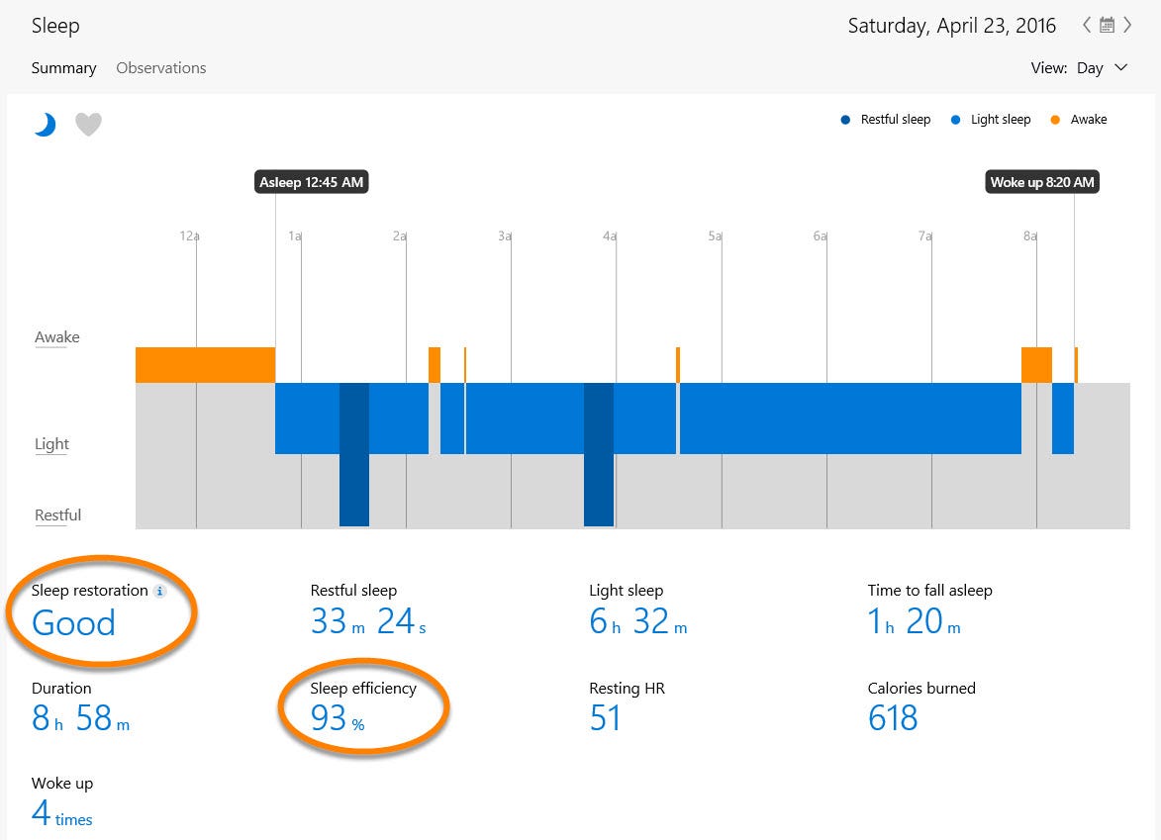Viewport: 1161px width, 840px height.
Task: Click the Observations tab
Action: click(160, 68)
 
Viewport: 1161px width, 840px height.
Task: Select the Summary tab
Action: click(63, 68)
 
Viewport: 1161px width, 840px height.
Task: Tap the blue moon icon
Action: click(45, 124)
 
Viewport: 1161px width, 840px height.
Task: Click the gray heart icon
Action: click(88, 124)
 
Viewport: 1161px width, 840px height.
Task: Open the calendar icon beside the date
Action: click(1107, 26)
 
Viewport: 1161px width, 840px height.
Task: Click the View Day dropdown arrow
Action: click(1120, 68)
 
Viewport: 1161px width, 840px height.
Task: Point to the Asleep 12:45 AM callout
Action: click(311, 182)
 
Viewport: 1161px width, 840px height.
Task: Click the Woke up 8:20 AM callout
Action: click(1042, 182)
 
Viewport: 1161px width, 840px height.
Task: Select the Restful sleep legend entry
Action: click(886, 120)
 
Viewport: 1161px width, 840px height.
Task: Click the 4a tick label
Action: click(610, 236)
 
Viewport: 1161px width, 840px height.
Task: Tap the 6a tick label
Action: click(820, 236)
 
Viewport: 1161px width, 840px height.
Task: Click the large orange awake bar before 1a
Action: click(205, 364)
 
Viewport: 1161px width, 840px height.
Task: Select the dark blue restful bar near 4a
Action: click(598, 455)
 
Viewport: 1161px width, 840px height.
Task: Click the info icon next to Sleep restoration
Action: click(160, 591)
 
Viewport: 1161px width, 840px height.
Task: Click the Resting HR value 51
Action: click(605, 717)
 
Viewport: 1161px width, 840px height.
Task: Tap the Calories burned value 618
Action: click(893, 717)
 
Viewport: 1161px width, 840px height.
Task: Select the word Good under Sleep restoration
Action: click(73, 623)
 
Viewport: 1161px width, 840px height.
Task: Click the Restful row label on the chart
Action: click(57, 515)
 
